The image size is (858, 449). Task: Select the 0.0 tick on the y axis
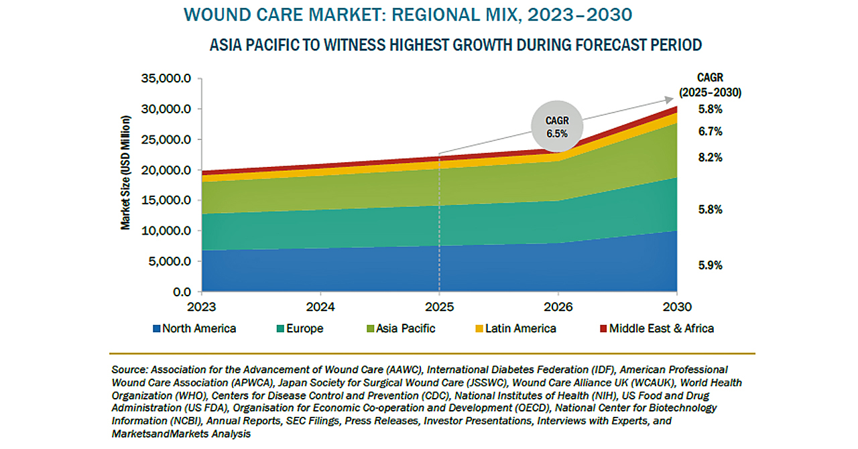click(x=182, y=292)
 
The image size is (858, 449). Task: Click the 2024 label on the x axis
click(x=320, y=308)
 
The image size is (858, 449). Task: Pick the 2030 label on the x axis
click(x=677, y=308)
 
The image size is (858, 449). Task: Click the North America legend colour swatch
click(x=157, y=329)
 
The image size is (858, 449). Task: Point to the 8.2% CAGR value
click(x=710, y=158)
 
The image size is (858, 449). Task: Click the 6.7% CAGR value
click(x=710, y=132)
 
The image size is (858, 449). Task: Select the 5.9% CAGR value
click(x=710, y=265)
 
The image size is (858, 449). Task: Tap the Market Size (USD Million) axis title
click(x=126, y=173)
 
